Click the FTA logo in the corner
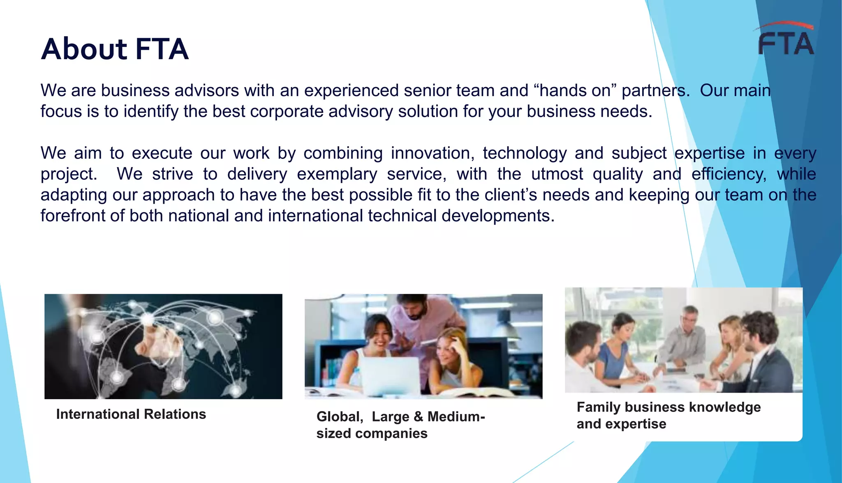coord(785,40)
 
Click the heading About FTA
coord(115,49)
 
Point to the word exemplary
coord(337,174)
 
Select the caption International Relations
coord(131,414)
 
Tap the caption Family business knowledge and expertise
coord(668,415)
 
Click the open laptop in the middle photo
coord(390,375)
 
